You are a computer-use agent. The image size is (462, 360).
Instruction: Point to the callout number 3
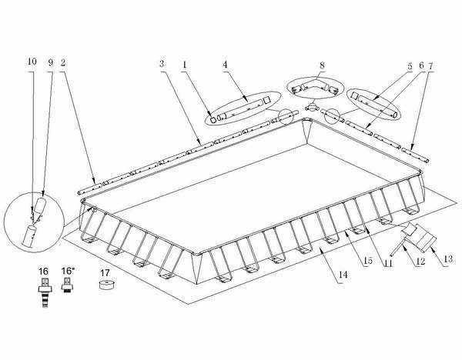162,61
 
